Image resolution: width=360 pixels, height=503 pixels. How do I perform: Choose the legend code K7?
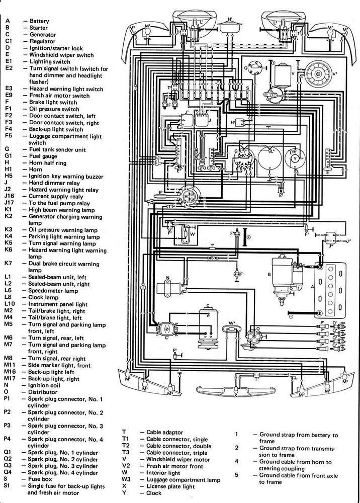click(x=8, y=264)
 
